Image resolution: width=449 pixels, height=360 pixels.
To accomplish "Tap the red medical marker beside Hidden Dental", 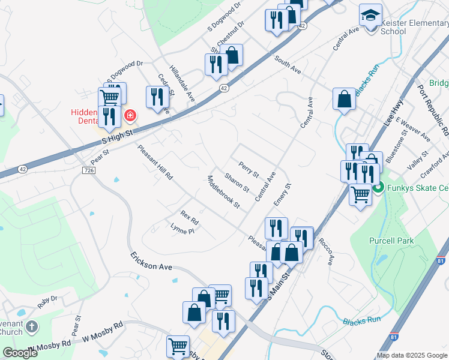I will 129,115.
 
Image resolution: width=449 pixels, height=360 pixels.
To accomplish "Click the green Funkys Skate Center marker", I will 378,188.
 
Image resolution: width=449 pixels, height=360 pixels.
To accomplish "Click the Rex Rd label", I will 189,218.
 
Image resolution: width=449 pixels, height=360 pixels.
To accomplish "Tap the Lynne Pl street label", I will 182,229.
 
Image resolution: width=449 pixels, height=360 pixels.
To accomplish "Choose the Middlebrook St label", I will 223,192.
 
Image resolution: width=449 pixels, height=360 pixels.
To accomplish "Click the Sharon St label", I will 237,182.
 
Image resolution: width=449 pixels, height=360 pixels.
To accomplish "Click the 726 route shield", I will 89,171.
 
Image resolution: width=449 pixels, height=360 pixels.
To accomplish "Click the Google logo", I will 20,353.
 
